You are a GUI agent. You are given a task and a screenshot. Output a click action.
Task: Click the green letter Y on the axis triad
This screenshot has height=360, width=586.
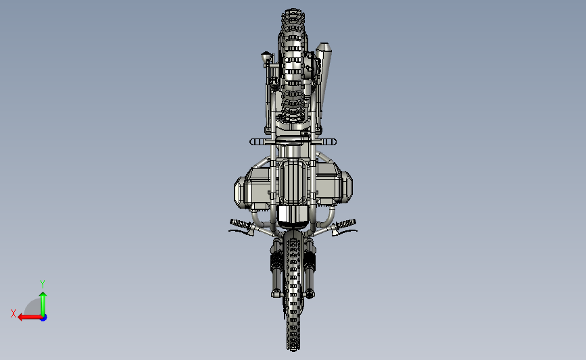coord(43,284)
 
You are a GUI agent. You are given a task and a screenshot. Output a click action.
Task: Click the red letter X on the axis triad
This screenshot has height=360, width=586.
coord(14,313)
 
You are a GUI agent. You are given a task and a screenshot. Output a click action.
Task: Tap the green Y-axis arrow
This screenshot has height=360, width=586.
coord(43,304)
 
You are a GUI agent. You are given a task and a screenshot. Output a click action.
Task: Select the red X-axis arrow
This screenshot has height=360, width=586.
coord(30,317)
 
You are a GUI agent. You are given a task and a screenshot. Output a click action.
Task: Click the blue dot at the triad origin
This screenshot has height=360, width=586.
coord(44,318)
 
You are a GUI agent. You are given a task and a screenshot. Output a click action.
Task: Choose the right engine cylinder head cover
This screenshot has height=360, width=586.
coord(347,188)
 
